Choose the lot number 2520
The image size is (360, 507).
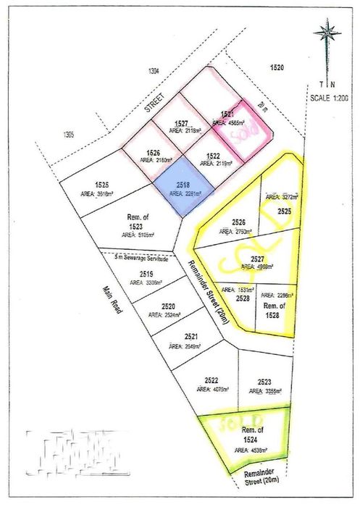click(169, 306)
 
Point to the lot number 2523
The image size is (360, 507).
click(264, 382)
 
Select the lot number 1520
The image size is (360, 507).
click(277, 67)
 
